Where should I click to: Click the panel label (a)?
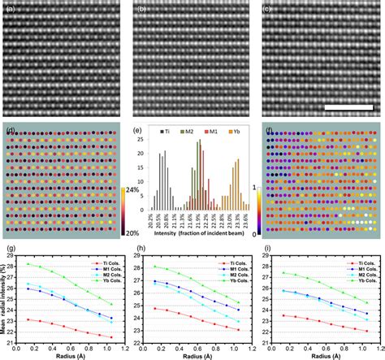tap(7, 8)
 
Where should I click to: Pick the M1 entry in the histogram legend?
tap(214, 129)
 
